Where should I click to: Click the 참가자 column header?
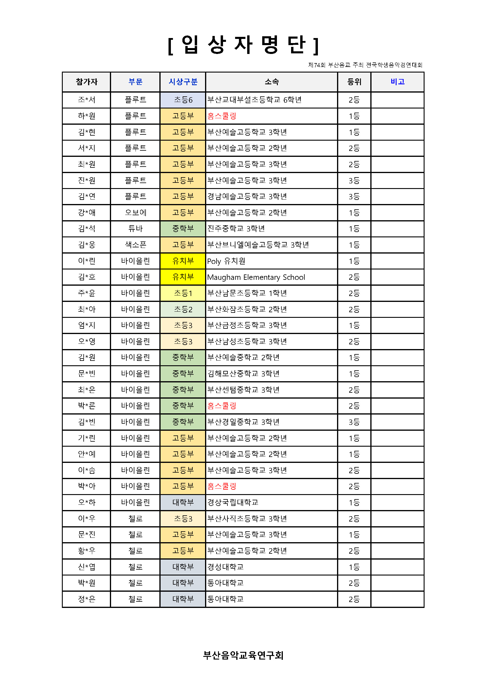click(x=86, y=82)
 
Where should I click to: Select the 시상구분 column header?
click(x=183, y=82)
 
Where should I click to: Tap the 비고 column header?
click(x=397, y=82)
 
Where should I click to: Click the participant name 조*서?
click(x=86, y=100)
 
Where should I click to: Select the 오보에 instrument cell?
click(x=135, y=213)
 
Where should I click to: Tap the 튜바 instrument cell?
click(x=135, y=229)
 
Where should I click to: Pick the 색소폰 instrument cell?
click(x=135, y=245)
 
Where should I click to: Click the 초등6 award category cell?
click(x=183, y=100)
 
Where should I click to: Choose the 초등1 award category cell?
click(x=183, y=293)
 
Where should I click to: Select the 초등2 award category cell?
click(x=183, y=309)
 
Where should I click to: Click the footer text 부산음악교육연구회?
click(x=243, y=655)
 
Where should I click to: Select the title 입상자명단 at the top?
click(x=243, y=45)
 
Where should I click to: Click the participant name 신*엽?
click(x=86, y=567)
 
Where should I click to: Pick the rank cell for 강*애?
click(x=354, y=213)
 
